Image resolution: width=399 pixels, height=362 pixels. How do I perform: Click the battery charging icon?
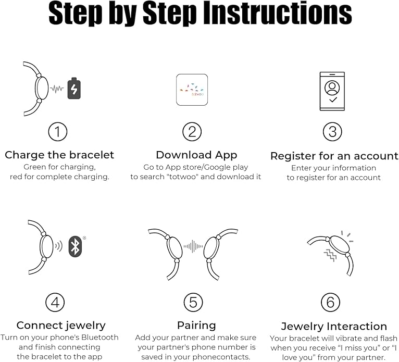tap(74, 88)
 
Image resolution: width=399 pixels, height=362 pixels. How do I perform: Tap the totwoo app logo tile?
tap(192, 90)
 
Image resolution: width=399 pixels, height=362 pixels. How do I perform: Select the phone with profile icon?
tap(332, 91)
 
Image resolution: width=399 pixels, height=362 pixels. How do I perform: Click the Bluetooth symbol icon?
tap(75, 246)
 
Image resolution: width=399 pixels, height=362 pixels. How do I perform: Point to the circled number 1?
tap(58, 132)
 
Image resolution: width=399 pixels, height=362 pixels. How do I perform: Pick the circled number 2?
tap(192, 132)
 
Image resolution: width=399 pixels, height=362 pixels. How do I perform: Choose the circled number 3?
tap(332, 132)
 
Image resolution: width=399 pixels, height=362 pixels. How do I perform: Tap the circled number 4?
tap(55, 303)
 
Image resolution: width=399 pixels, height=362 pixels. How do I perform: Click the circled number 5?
tap(193, 303)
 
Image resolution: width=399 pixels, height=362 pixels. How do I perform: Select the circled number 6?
tap(330, 303)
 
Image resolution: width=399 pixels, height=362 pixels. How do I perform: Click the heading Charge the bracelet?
tap(59, 155)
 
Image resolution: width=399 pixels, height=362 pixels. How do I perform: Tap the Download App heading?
tap(196, 155)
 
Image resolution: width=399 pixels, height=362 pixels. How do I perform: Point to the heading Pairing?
tap(196, 326)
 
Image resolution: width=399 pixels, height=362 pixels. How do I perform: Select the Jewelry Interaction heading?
tap(334, 327)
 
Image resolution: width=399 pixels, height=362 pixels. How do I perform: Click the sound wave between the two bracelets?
tap(193, 246)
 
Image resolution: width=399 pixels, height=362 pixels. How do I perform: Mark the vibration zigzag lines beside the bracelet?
tap(330, 255)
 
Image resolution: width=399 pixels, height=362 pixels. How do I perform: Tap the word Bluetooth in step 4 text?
tap(99, 338)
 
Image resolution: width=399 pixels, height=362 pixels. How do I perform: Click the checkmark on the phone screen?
tap(333, 100)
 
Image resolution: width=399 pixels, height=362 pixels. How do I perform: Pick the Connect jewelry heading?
tap(61, 326)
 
